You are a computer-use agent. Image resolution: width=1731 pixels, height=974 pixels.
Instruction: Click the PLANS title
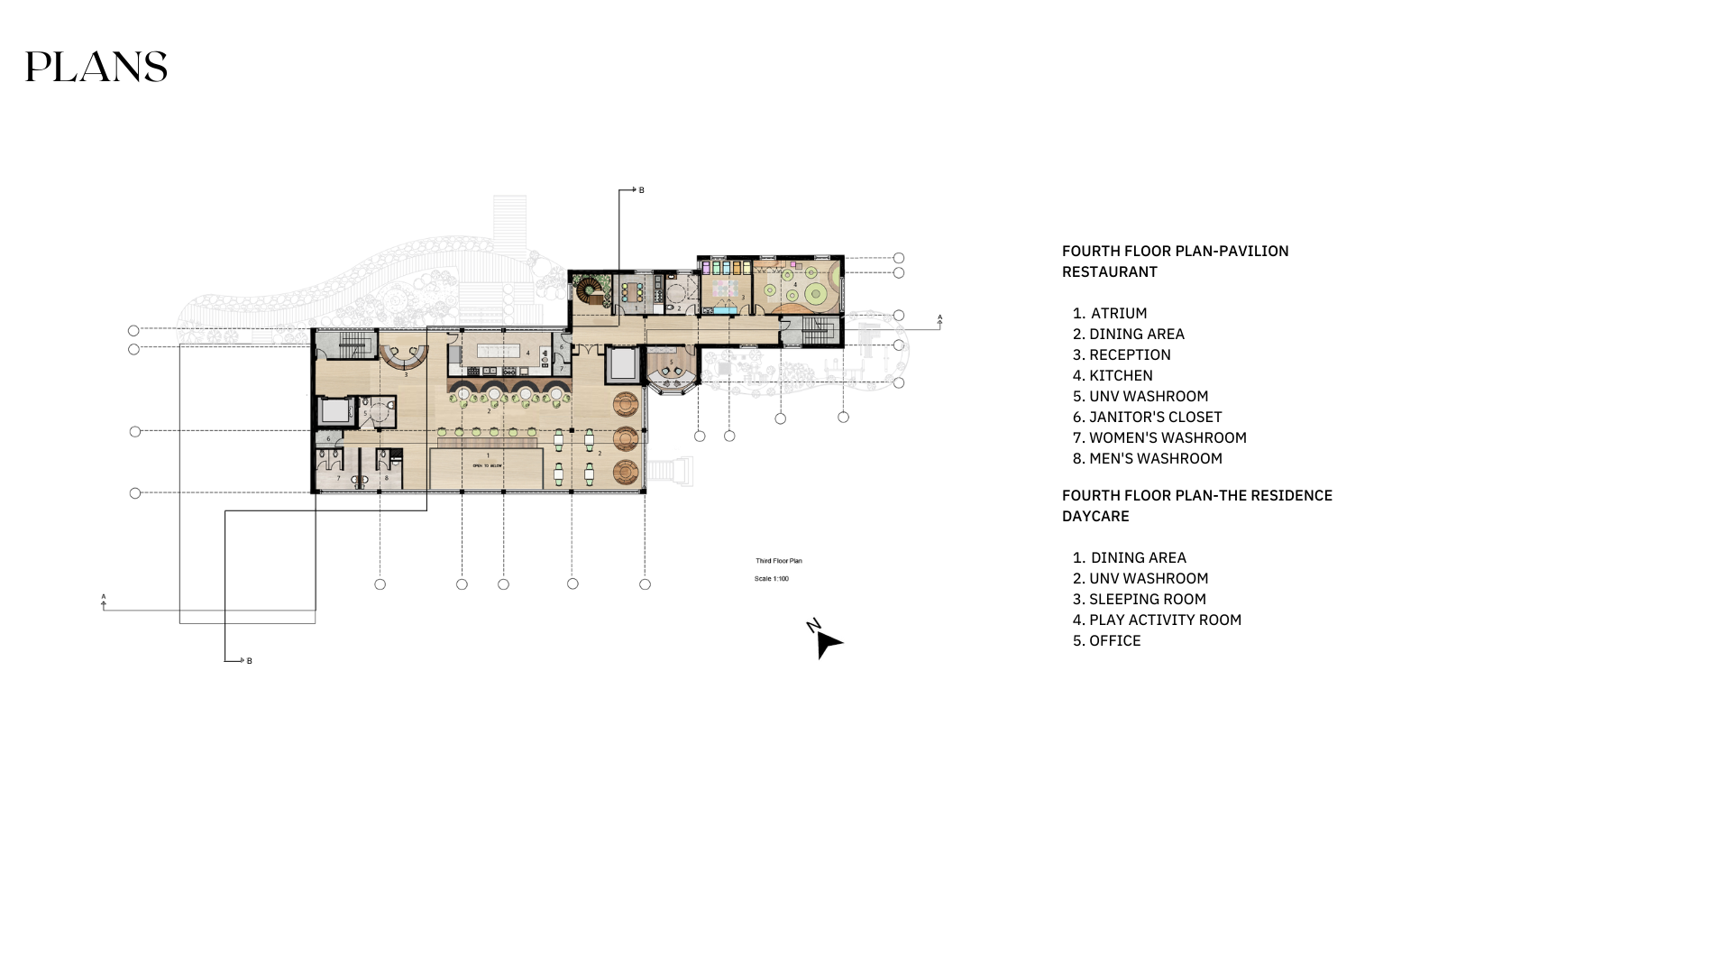(x=96, y=68)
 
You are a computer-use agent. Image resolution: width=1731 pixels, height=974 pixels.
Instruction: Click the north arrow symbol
(x=825, y=640)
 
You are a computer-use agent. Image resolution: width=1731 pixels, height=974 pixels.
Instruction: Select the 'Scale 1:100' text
(x=772, y=579)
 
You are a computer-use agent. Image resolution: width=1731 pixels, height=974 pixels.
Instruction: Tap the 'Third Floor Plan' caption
(x=779, y=561)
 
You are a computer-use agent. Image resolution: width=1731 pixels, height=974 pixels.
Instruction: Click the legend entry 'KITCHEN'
(x=1121, y=376)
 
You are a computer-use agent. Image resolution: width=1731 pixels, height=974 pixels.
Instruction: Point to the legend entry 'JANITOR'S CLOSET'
(x=1155, y=418)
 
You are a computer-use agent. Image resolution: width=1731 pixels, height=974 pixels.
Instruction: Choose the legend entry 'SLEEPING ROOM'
(x=1147, y=600)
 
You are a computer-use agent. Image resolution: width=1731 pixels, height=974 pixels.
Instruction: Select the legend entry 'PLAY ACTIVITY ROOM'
(x=1165, y=620)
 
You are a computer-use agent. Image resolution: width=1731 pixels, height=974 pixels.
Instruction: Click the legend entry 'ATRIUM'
(x=1119, y=314)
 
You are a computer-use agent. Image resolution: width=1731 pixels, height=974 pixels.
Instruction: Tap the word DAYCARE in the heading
(x=1095, y=517)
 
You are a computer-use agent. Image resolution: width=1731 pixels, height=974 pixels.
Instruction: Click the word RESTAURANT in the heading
(x=1110, y=272)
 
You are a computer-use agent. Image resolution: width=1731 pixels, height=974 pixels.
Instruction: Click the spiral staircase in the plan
(x=591, y=291)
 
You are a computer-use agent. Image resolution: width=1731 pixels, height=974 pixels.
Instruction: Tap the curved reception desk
(x=404, y=359)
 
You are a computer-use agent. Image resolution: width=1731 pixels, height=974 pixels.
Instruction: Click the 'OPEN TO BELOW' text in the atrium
(x=488, y=465)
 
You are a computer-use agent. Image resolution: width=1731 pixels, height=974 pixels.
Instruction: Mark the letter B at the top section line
(x=642, y=190)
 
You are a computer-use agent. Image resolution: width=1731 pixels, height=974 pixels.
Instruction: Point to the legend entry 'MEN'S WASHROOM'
(x=1155, y=459)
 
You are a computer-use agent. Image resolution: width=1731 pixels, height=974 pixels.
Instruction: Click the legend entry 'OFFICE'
(x=1114, y=641)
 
